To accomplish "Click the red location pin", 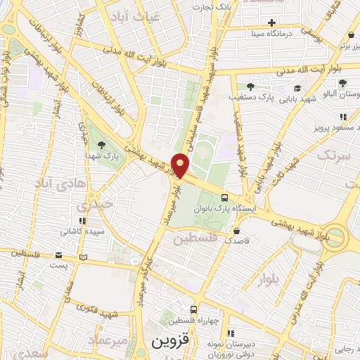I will pyautogui.click(x=181, y=166).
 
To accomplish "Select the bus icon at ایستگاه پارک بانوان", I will pyautogui.click(x=224, y=198).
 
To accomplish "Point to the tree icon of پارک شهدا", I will pyautogui.click(x=102, y=144).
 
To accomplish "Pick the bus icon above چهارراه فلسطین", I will pyautogui.click(x=193, y=309).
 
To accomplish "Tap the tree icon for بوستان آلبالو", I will pyautogui.click(x=342, y=83).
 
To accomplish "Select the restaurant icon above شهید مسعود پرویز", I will pyautogui.click(x=342, y=117).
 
